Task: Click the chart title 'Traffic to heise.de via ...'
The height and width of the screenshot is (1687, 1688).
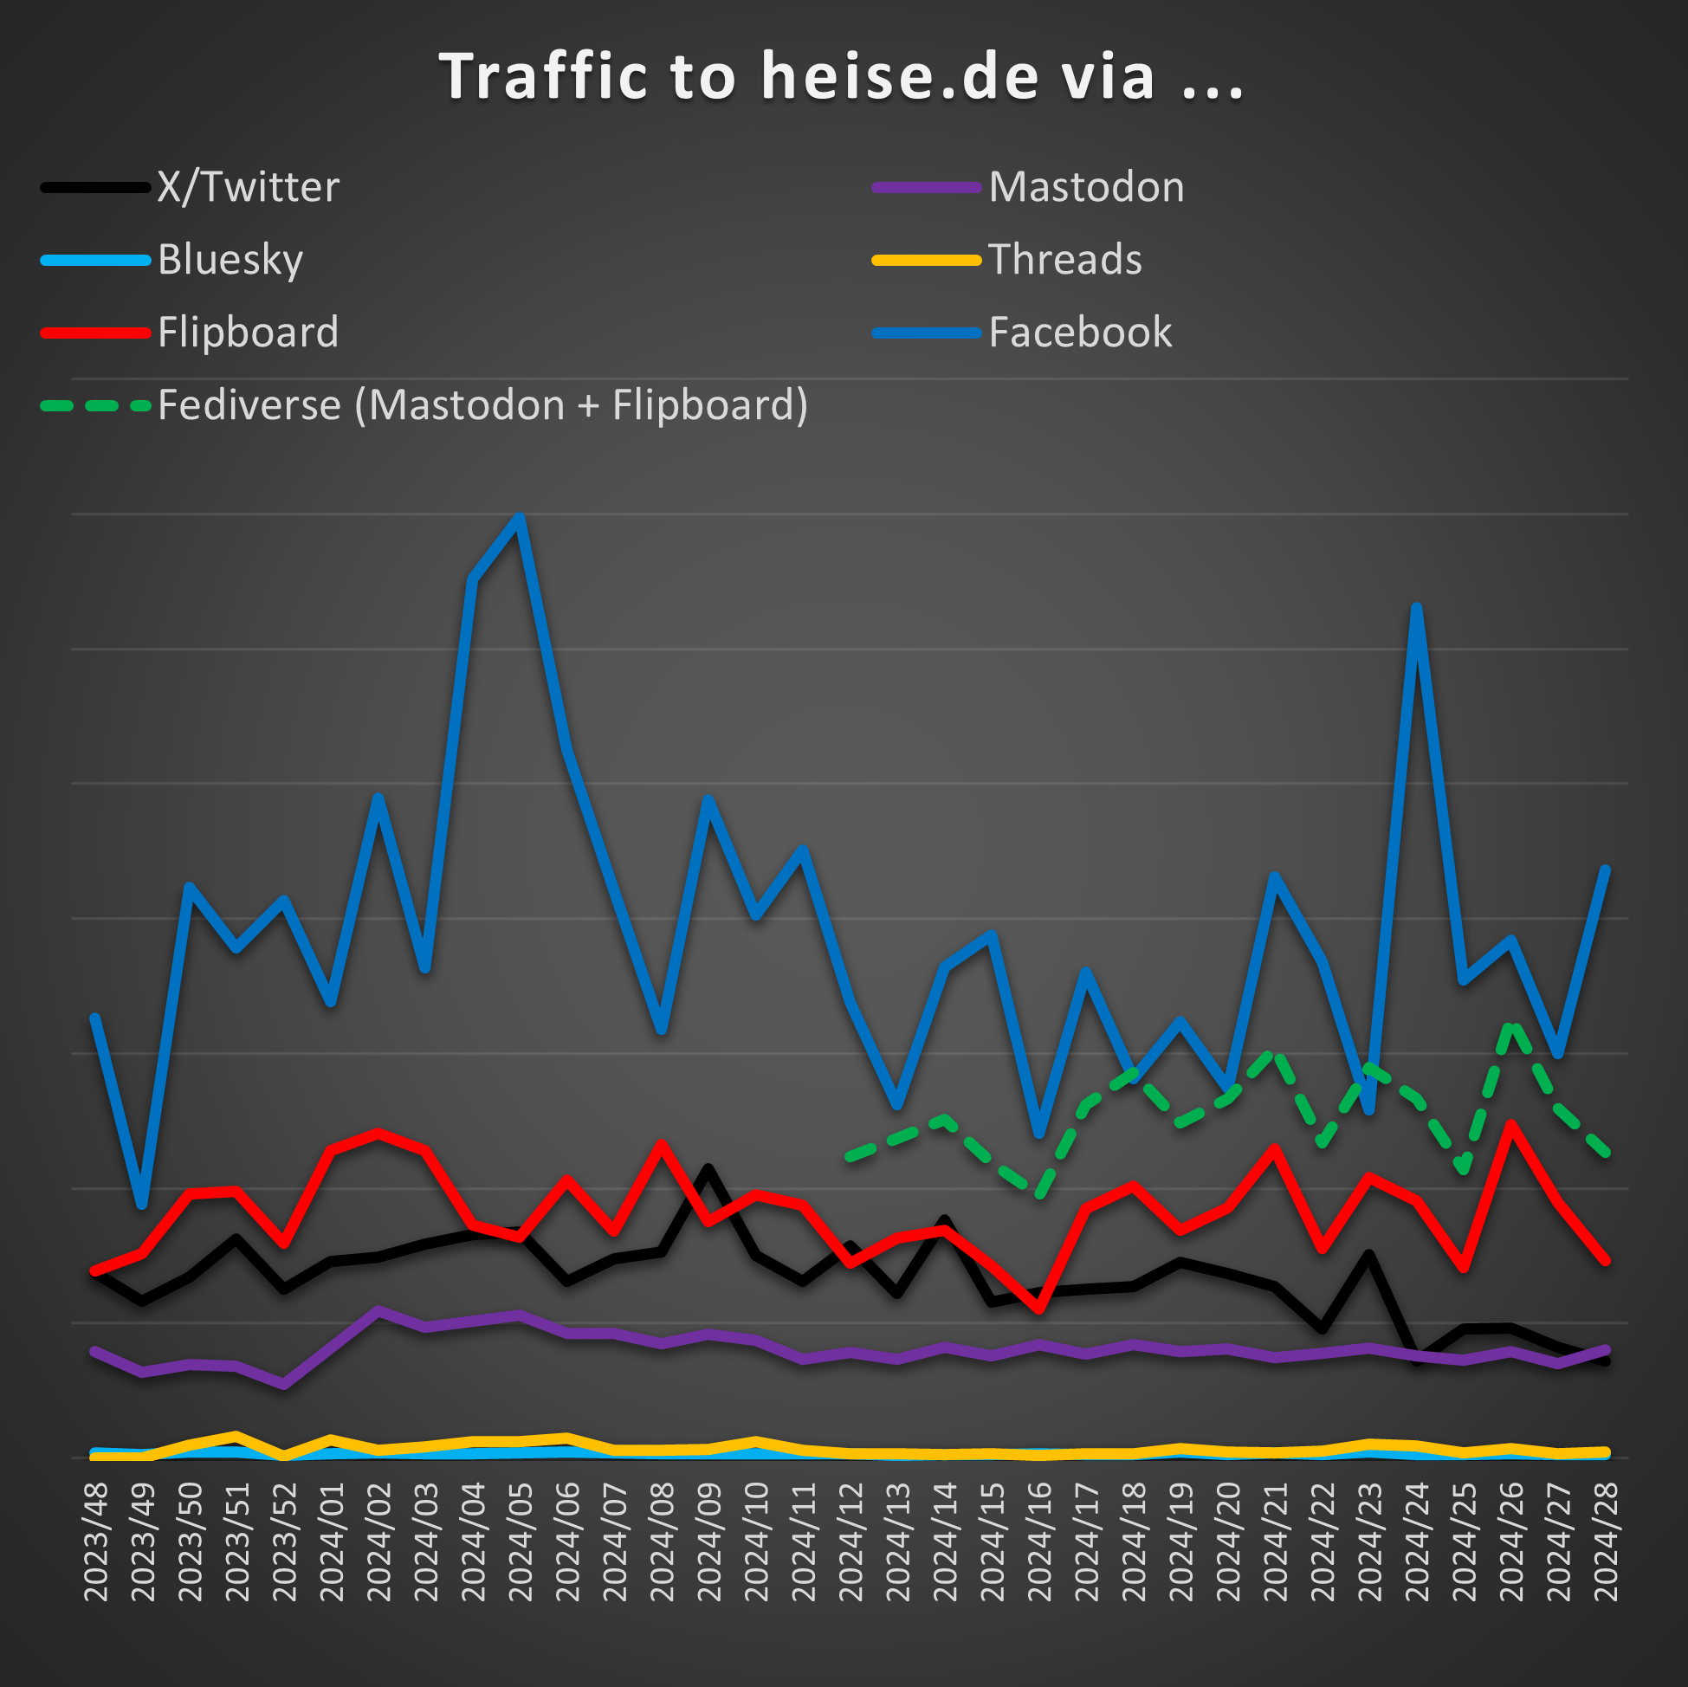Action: pyautogui.click(x=840, y=77)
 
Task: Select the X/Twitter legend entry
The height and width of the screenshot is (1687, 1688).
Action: pyautogui.click(x=247, y=187)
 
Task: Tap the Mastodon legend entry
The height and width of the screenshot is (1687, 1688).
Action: pyautogui.click(x=1085, y=187)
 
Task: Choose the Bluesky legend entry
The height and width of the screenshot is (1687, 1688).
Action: pyautogui.click(x=230, y=260)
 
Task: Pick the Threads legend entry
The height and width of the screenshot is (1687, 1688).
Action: pyautogui.click(x=1064, y=260)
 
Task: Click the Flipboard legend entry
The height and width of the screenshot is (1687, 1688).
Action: pyautogui.click(x=247, y=332)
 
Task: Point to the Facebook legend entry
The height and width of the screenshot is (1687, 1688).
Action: pyautogui.click(x=1079, y=332)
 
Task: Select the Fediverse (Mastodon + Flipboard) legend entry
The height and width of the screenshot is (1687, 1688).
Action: pyautogui.click(x=482, y=405)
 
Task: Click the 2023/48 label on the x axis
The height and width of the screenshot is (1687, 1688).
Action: pyautogui.click(x=95, y=1542)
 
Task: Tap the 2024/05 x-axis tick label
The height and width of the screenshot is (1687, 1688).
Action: pyautogui.click(x=520, y=1542)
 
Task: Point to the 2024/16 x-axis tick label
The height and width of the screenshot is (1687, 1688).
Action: pyautogui.click(x=1038, y=1542)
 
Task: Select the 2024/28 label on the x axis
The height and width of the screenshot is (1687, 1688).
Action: pyautogui.click(x=1605, y=1542)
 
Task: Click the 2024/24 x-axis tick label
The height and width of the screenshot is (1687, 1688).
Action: pyautogui.click(x=1416, y=1542)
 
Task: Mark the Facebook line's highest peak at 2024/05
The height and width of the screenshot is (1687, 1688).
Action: pyautogui.click(x=520, y=517)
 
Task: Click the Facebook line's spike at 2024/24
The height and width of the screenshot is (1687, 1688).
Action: pyautogui.click(x=1416, y=607)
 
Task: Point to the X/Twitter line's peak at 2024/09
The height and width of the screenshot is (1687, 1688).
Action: pyautogui.click(x=708, y=1169)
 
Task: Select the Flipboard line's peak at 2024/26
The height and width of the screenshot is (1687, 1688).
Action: pyautogui.click(x=1510, y=1125)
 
